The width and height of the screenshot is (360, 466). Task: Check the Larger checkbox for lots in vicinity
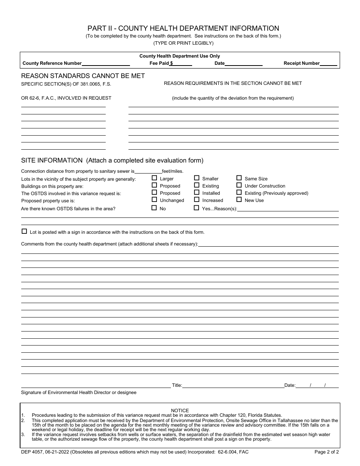point(154,178)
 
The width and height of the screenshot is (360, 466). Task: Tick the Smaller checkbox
point(197,178)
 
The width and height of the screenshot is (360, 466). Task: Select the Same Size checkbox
point(239,178)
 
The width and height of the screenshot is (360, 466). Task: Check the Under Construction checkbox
point(239,185)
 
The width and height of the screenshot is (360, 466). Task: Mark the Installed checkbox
point(197,192)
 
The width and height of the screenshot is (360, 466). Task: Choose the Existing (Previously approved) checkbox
point(239,192)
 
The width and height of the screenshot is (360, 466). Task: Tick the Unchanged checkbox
point(154,199)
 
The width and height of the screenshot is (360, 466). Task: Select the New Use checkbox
point(239,199)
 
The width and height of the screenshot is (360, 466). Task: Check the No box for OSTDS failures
point(154,208)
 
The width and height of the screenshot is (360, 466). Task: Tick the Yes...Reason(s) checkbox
point(197,208)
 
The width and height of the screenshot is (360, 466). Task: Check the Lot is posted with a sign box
point(24,231)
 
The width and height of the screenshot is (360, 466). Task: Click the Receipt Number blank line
point(329,64)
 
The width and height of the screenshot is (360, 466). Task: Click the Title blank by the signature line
point(233,385)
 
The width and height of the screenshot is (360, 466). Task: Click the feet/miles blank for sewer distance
point(148,171)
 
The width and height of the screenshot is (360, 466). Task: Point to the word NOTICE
point(180,410)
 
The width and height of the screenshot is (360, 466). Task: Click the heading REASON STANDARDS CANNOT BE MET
point(83,76)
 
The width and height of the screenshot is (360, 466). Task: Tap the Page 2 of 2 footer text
point(327,452)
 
